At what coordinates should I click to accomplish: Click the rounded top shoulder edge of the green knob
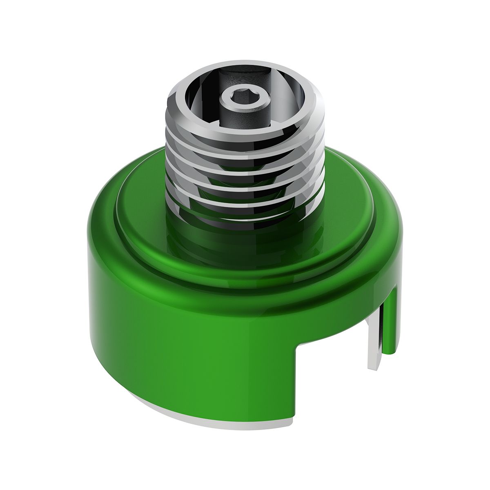[102, 229]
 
